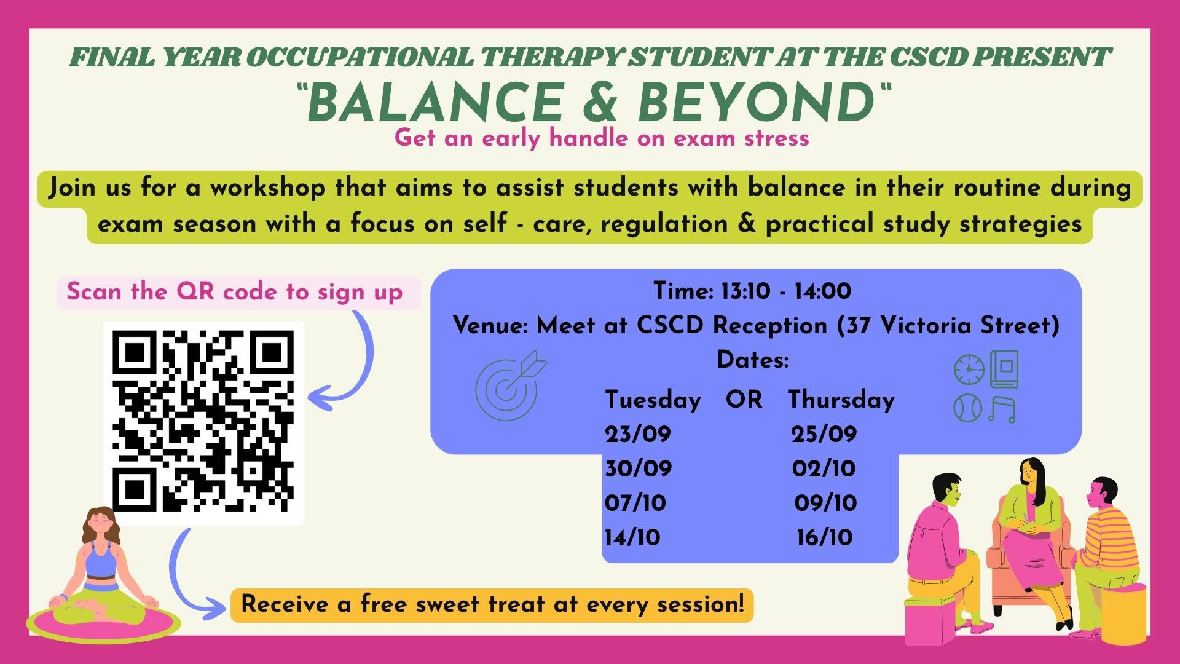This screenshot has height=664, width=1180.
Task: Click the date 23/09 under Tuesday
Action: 638,435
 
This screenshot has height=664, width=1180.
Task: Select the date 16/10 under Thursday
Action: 825,538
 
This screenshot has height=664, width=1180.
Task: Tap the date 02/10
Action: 824,469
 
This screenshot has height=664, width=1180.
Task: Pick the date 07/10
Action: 635,504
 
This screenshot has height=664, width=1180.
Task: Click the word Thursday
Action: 841,400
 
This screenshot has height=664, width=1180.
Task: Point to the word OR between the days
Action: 744,400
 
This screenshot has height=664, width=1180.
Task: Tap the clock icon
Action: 969,371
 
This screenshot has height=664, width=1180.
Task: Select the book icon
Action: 1004,369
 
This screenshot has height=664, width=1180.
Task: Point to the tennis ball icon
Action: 969,408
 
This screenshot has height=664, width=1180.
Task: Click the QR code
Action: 203,423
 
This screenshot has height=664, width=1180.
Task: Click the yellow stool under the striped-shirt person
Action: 1123,613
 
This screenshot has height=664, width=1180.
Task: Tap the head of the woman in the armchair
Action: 1031,474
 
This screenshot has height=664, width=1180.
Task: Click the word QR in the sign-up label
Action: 195,291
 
